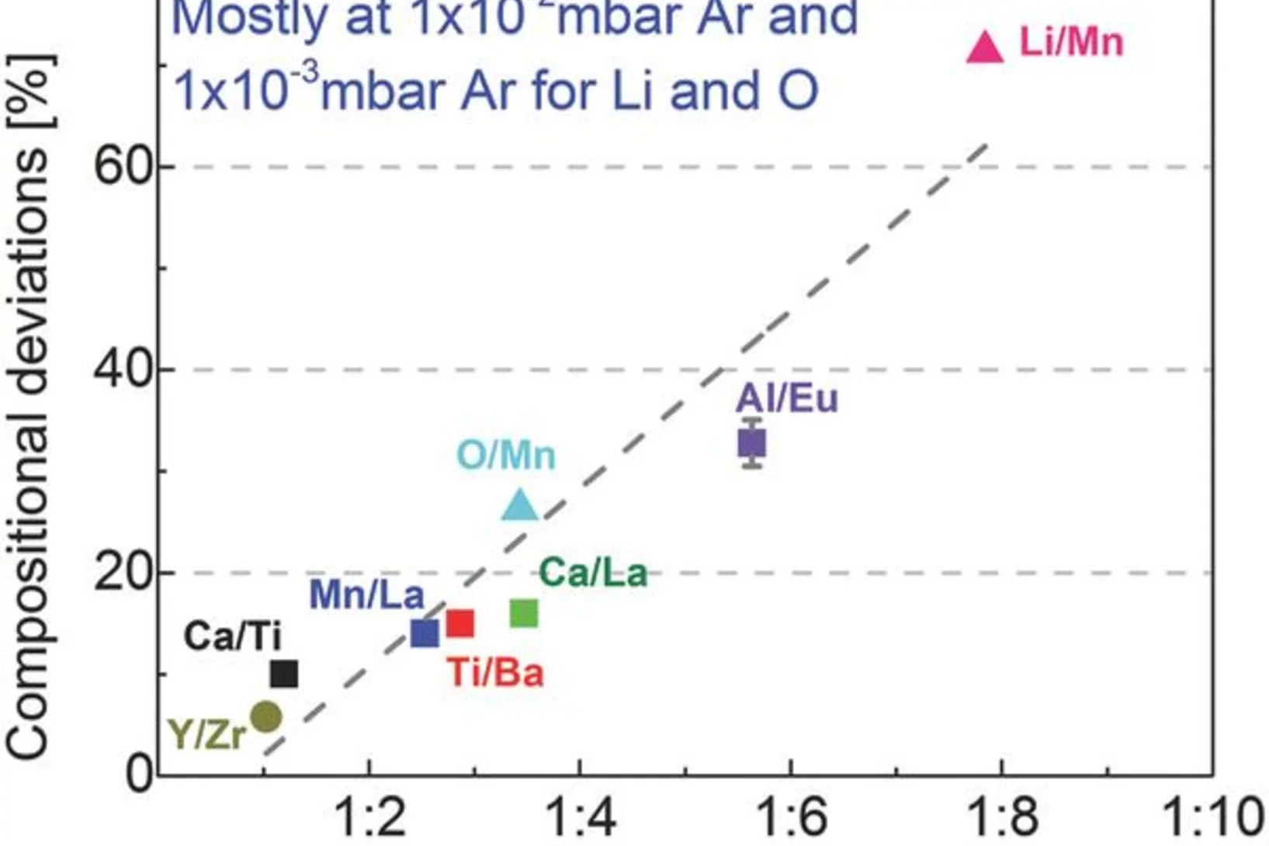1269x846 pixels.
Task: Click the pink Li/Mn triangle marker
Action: (985, 49)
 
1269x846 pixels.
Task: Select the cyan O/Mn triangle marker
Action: (520, 506)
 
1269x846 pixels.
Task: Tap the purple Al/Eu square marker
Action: (752, 443)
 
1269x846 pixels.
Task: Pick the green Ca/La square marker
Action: (524, 613)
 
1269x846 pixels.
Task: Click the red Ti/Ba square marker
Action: (460, 622)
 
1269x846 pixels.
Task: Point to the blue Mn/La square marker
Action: (425, 633)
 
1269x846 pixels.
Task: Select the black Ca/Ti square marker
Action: (284, 674)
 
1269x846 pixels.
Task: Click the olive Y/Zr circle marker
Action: (266, 717)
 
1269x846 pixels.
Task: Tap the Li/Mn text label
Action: (1070, 41)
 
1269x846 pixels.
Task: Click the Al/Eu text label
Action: (786, 399)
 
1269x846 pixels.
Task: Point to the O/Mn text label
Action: (506, 455)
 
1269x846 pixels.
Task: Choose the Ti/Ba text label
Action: (496, 672)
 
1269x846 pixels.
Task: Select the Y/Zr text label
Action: (207, 733)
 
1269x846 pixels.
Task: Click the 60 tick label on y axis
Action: (122, 166)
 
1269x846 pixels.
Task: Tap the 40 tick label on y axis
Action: (122, 369)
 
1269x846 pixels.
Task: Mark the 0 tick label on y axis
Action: (140, 774)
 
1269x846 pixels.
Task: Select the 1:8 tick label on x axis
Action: (1002, 817)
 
